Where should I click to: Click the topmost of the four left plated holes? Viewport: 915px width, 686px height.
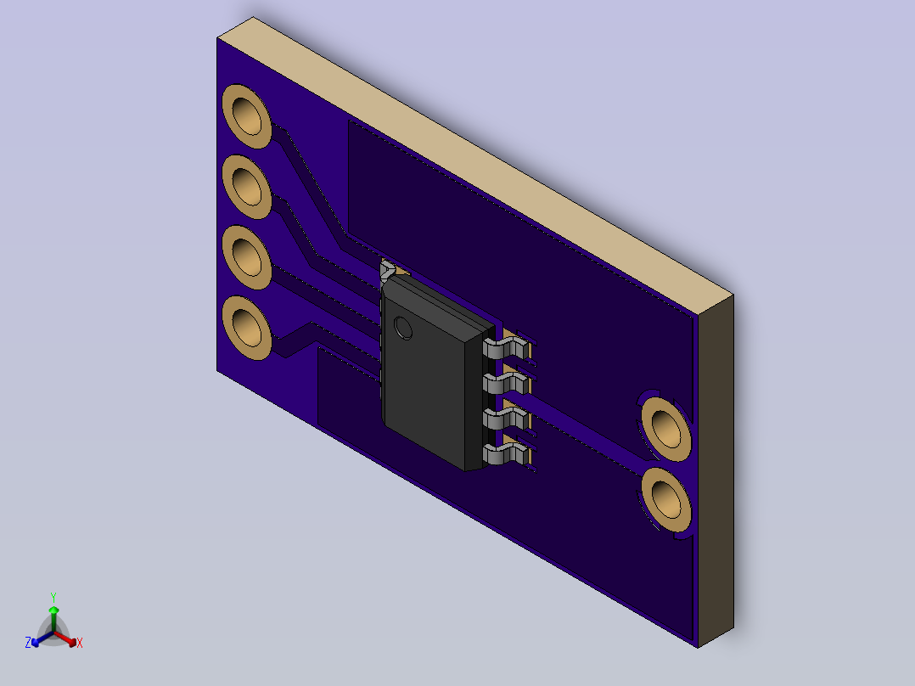(x=247, y=116)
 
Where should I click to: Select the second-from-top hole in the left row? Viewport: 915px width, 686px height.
(x=247, y=187)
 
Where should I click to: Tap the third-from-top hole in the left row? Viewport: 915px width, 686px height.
(x=247, y=257)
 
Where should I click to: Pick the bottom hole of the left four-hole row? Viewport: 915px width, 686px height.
(x=247, y=328)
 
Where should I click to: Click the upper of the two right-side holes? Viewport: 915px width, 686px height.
(x=666, y=429)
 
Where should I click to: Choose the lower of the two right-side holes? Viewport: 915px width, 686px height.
(x=666, y=500)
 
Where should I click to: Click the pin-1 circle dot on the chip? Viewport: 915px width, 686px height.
(x=403, y=328)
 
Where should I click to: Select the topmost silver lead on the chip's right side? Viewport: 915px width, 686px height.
(x=507, y=349)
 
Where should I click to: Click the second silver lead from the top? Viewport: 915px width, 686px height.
(x=507, y=384)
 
